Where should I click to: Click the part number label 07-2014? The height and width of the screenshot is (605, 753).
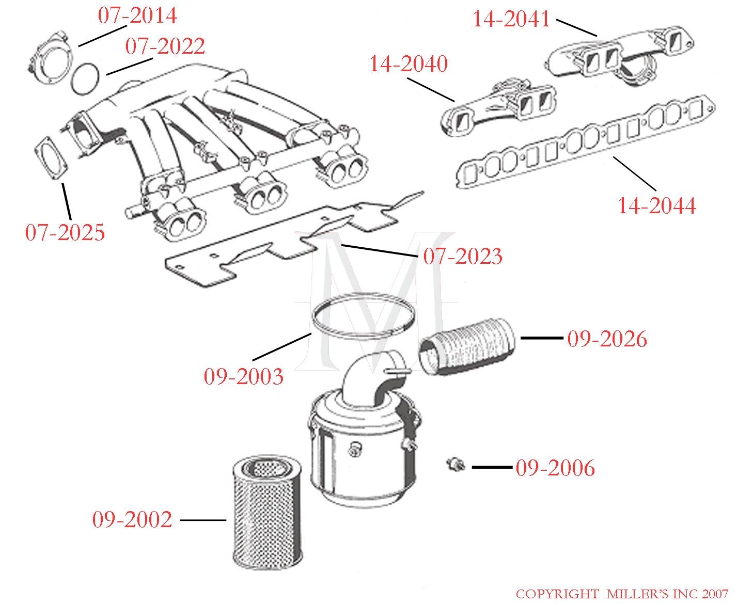coord(137,15)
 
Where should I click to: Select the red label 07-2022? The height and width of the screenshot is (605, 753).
coord(165,46)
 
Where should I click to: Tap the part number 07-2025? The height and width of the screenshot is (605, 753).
coord(65,233)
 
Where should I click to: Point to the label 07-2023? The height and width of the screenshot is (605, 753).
coord(462,257)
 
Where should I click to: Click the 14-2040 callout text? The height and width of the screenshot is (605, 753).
coord(408,64)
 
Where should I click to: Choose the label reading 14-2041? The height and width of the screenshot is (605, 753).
coord(511,20)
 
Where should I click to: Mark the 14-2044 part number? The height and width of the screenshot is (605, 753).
coord(657,206)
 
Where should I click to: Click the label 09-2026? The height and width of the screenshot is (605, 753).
coord(607,339)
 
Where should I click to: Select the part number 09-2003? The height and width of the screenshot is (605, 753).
coord(244,376)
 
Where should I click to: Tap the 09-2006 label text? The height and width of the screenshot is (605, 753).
coord(555,468)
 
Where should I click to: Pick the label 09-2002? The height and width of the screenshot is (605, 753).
coord(132,519)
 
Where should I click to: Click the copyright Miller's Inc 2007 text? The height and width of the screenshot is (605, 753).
coord(622,594)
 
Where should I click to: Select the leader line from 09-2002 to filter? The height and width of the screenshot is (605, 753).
coord(202,520)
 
